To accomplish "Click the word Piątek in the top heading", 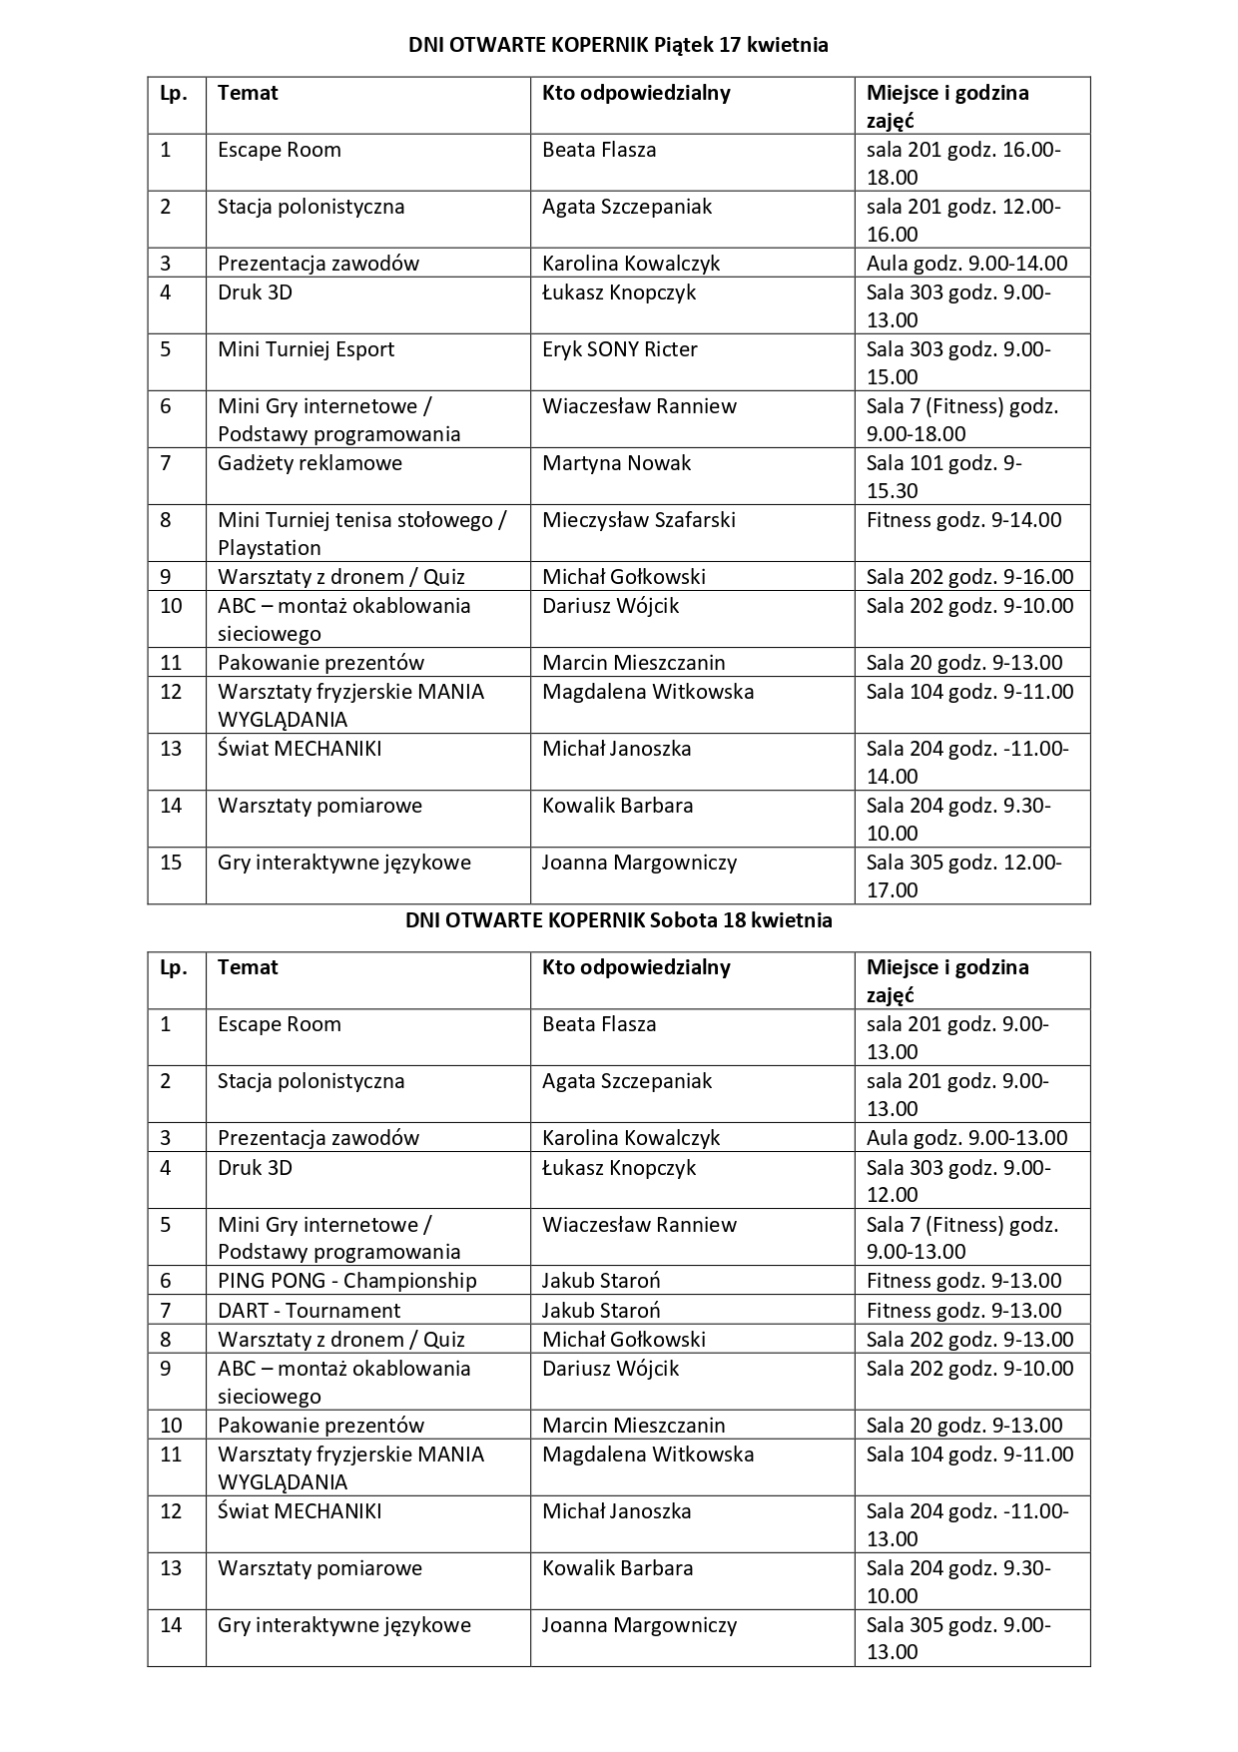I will [x=683, y=46].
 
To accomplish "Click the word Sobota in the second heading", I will [x=683, y=920].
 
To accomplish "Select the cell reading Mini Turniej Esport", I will [x=306, y=349].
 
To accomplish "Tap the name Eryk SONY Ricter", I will [x=619, y=349].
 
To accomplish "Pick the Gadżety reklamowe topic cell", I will [x=309, y=463].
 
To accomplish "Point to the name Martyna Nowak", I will [x=616, y=463].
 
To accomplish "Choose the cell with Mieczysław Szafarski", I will [x=638, y=520].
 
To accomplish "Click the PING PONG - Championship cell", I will [x=346, y=1281].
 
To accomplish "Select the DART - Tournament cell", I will [x=309, y=1311].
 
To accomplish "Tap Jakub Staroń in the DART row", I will [x=601, y=1311].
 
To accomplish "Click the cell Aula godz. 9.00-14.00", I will [x=966, y=264].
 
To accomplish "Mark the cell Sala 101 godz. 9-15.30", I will [x=943, y=476].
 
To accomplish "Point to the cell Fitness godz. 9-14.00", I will [x=963, y=520].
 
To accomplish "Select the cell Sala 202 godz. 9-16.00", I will [x=969, y=577].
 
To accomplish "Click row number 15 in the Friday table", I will [x=171, y=863].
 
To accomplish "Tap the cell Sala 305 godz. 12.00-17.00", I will [x=963, y=876].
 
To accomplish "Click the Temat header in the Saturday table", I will [x=248, y=967].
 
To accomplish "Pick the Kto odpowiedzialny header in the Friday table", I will [x=636, y=93].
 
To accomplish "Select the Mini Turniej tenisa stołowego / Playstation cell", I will [x=361, y=533].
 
